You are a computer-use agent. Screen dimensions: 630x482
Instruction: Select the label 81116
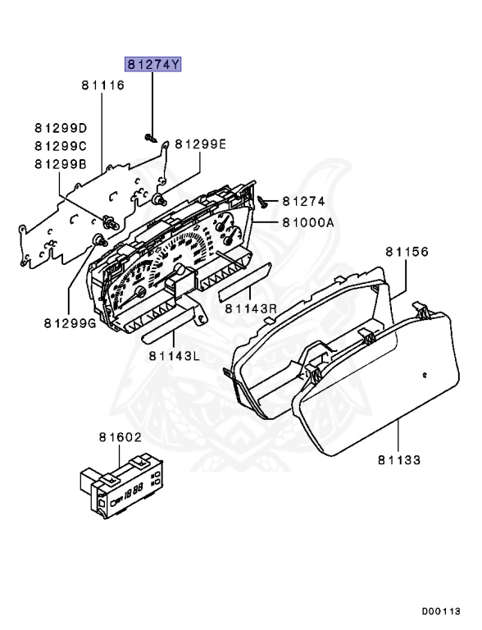pyautogui.click(x=102, y=85)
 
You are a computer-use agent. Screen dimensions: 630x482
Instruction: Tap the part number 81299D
pyautogui.click(x=60, y=128)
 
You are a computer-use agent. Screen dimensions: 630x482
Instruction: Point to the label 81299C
pyautogui.click(x=60, y=145)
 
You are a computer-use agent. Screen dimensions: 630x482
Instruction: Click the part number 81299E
pyautogui.click(x=199, y=145)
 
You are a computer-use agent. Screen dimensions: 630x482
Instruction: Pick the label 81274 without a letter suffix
pyautogui.click(x=304, y=200)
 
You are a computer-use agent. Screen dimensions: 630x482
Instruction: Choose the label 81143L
pyautogui.click(x=175, y=355)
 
